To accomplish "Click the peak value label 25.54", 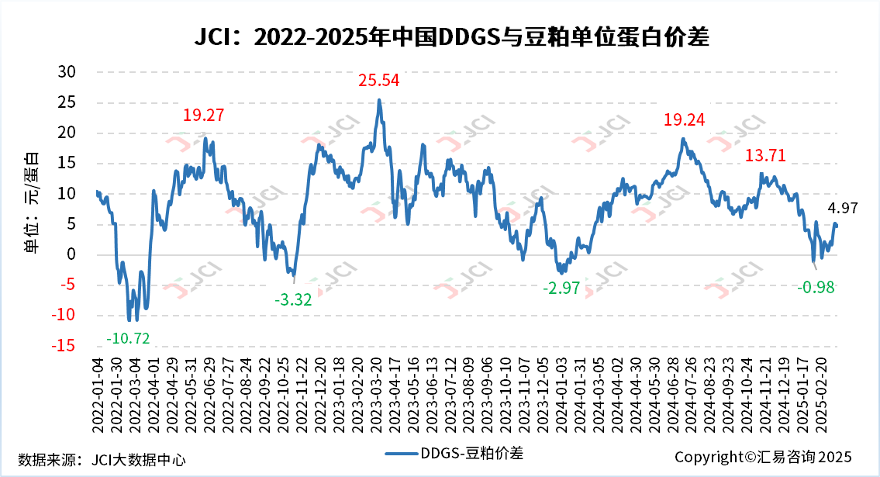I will [378, 80].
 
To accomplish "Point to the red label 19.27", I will [203, 116].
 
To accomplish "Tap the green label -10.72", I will [128, 338].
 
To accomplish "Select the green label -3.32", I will [292, 300].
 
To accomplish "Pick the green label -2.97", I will [561, 289].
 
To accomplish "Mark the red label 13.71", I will [765, 155].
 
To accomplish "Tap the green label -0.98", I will [820, 287].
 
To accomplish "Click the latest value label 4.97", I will [844, 208].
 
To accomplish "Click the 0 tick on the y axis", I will [71, 254].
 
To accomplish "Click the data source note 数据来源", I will [102, 459].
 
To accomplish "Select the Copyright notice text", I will [763, 457].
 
